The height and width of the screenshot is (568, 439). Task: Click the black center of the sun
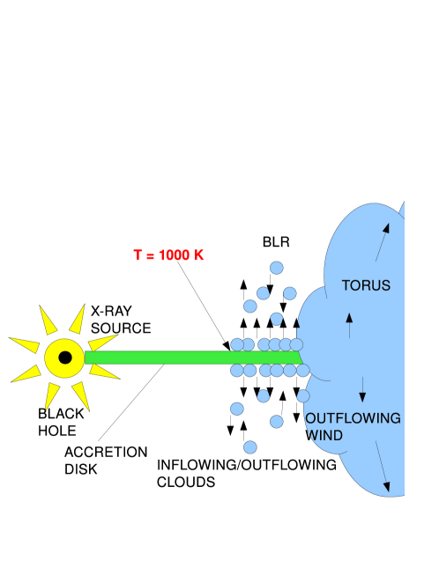(x=64, y=358)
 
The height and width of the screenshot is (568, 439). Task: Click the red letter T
(x=138, y=255)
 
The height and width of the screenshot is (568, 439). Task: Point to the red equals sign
(x=150, y=255)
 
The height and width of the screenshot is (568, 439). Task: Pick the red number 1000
(x=174, y=255)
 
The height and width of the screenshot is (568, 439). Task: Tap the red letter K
(x=198, y=255)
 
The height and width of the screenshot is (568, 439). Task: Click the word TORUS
(x=366, y=286)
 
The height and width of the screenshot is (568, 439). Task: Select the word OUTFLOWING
(x=354, y=418)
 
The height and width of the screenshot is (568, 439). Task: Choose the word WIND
(x=325, y=435)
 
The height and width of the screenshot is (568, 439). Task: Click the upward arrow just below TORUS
(x=349, y=325)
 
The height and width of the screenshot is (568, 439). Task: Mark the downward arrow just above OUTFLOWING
(x=362, y=389)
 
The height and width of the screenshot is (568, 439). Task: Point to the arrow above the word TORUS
(x=382, y=241)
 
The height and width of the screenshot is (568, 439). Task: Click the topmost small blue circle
(x=277, y=268)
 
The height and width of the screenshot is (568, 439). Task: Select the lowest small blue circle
(x=250, y=447)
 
